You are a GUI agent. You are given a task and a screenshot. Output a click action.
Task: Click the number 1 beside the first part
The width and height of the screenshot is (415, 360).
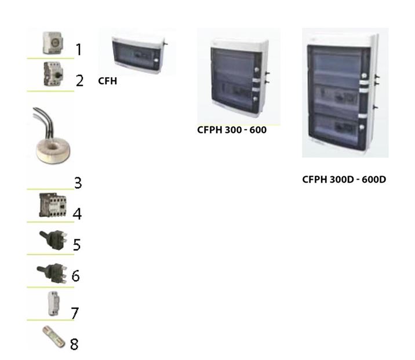pyautogui.click(x=78, y=49)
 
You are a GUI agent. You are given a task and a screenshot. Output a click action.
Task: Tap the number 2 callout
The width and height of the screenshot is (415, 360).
pyautogui.click(x=79, y=81)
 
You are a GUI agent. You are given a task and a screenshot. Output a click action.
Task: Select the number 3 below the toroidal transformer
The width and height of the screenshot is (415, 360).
pyautogui.click(x=78, y=183)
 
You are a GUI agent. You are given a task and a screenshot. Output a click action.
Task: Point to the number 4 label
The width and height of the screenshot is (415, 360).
pyautogui.click(x=77, y=214)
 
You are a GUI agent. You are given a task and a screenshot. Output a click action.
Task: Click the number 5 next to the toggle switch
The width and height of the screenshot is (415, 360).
pyautogui.click(x=77, y=245)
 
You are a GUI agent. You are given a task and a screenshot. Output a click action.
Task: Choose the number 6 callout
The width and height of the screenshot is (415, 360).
pyautogui.click(x=76, y=276)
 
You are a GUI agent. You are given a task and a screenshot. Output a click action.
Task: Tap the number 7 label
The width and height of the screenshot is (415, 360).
pyautogui.click(x=75, y=313)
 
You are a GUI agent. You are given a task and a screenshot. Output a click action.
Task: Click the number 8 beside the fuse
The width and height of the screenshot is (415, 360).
pyautogui.click(x=74, y=344)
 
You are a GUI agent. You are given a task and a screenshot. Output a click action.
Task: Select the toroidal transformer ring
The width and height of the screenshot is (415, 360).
pyautogui.click(x=53, y=150)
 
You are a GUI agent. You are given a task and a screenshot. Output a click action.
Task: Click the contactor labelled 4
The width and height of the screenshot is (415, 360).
pyautogui.click(x=53, y=205)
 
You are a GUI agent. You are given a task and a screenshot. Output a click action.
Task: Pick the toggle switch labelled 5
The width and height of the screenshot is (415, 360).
pyautogui.click(x=53, y=240)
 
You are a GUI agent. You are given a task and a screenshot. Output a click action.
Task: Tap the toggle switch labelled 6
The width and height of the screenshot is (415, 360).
pyautogui.click(x=52, y=273)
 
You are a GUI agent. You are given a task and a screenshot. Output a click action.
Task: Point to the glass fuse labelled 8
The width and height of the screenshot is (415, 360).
pyautogui.click(x=54, y=337)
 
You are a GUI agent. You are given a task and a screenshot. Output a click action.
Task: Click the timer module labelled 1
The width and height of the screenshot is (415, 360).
pyautogui.click(x=53, y=43)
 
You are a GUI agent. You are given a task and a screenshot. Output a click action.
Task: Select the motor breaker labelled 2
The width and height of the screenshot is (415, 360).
pyautogui.click(x=53, y=74)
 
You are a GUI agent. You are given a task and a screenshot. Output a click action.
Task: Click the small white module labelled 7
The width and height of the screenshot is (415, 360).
pyautogui.click(x=53, y=304)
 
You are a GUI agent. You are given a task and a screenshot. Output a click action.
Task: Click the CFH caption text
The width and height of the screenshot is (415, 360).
pyautogui.click(x=107, y=81)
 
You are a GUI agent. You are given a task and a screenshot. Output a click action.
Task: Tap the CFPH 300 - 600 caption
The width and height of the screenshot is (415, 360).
pyautogui.click(x=232, y=130)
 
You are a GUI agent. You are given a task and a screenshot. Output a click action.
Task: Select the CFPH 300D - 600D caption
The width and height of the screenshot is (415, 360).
pyautogui.click(x=344, y=180)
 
